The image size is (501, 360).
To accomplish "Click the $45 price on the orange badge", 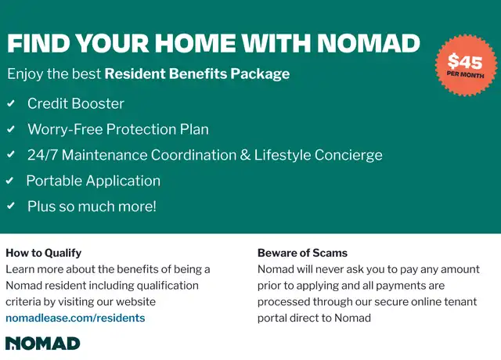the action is (465, 61).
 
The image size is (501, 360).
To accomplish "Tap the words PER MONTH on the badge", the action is (465, 75).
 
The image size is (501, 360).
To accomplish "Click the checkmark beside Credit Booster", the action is (11, 103).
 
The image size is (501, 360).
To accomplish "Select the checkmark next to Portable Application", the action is (9, 181).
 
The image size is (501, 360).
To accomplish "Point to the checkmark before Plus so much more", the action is (11, 206).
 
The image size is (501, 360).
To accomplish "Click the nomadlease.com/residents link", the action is (75, 318).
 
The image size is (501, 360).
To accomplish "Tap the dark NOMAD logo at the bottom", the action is (42, 344).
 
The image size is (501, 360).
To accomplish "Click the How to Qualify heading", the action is (44, 253).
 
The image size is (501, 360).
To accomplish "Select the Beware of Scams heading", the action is (302, 253).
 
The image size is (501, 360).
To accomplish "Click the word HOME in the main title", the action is (195, 43).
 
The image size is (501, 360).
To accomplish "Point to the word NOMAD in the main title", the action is (369, 43).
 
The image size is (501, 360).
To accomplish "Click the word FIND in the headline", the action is (38, 43).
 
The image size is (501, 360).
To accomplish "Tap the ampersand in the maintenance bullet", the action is (245, 155).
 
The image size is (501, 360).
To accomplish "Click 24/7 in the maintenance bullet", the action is (42, 155).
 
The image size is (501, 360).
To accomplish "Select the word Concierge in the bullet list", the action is (348, 155).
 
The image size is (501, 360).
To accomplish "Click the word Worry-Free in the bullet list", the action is (65, 129).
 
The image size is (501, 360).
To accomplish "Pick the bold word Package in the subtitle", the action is (260, 74).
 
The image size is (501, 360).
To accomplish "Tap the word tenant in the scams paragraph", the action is (460, 301).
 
